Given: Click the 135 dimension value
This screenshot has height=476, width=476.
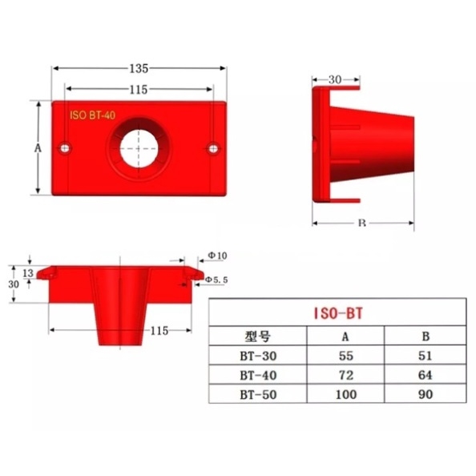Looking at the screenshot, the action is pyautogui.click(x=139, y=69).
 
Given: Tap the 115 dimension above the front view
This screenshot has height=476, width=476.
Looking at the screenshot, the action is pyautogui.click(x=139, y=90).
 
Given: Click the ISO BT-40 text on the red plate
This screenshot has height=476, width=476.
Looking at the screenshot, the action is pyautogui.click(x=93, y=115).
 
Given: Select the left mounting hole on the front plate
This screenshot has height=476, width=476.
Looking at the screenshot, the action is pyautogui.click(x=65, y=148).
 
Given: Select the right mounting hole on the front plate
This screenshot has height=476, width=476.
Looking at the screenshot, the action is pyautogui.click(x=213, y=149).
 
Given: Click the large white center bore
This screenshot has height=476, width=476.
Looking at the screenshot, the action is pyautogui.click(x=139, y=149).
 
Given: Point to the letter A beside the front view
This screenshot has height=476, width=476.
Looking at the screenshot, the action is pyautogui.click(x=38, y=148).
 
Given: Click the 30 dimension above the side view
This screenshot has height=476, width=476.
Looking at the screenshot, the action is pyautogui.click(x=335, y=80).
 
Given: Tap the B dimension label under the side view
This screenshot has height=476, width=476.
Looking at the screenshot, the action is pyautogui.click(x=362, y=223).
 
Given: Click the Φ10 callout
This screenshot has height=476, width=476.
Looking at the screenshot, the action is pyautogui.click(x=217, y=256).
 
